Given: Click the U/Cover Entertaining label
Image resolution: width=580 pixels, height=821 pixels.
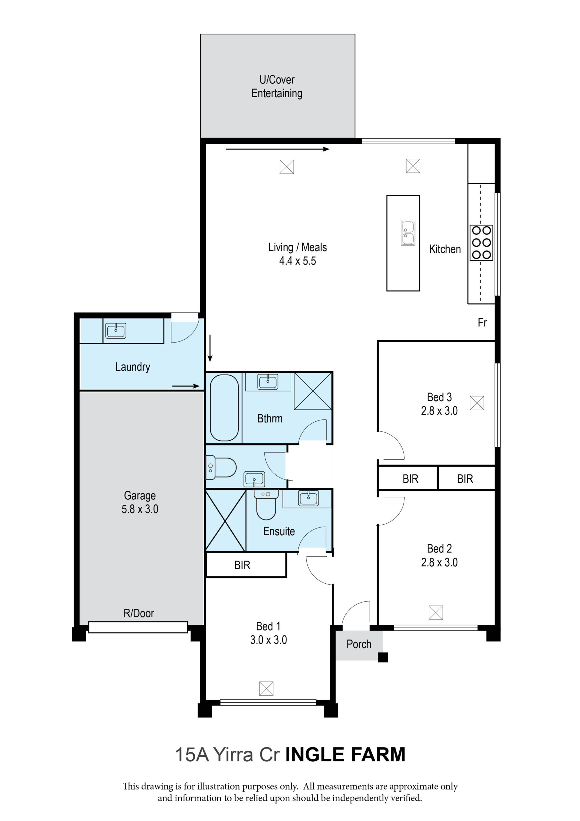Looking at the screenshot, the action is pos(277,86).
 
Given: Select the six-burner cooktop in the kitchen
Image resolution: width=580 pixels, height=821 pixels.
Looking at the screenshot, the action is pos(481,242).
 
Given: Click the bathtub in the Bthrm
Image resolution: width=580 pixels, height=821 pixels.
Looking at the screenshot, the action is pos(224,408).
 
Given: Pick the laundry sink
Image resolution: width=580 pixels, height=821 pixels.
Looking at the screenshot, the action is pos(115,331).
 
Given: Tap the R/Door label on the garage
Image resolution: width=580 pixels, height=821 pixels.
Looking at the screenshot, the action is pos(139,613).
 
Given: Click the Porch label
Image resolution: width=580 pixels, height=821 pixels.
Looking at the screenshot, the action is pos(359,644).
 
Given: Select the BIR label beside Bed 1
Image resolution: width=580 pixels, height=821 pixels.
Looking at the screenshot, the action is pos(242,565).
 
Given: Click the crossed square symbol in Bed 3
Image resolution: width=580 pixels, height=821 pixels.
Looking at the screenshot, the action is pos(477,403).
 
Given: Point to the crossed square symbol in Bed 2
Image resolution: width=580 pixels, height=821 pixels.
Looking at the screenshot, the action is pos(435,613).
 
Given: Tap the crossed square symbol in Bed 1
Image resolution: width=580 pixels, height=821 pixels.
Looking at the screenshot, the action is pos(266,688).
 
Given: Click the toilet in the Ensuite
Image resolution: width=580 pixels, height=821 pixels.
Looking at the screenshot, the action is pos(266,504).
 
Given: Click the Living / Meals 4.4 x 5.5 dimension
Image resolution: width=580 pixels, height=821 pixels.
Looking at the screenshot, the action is pos(297,254).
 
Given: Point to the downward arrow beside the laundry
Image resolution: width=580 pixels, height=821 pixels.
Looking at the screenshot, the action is pos(210,348).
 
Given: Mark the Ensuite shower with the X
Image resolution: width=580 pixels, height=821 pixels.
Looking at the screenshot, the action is pos(226,520).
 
